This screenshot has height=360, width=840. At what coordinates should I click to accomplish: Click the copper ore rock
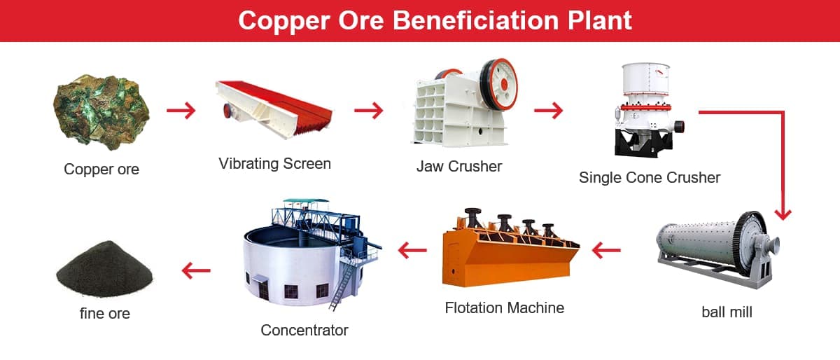(101, 112)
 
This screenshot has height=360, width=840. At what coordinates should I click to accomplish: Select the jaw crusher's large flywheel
(498, 85)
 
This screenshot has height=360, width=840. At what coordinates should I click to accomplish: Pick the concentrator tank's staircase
(342, 285)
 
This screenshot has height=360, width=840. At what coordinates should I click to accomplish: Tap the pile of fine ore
(104, 269)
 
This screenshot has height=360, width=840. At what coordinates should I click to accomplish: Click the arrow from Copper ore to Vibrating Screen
(181, 111)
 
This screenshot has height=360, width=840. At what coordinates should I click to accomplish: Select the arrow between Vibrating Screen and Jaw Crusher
(369, 111)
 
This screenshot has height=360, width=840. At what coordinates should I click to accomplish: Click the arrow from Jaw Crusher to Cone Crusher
(548, 111)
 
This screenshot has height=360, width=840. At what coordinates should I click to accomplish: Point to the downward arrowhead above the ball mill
(783, 214)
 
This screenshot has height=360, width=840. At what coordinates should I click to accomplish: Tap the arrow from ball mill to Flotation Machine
(606, 250)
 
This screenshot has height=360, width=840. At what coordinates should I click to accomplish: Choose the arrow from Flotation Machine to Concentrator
(412, 250)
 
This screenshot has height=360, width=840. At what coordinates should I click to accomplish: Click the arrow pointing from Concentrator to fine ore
(196, 270)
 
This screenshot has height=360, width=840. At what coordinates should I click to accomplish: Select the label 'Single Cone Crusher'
(650, 178)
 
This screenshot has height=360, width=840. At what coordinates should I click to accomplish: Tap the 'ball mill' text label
(727, 312)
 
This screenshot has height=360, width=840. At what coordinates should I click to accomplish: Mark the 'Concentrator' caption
(304, 331)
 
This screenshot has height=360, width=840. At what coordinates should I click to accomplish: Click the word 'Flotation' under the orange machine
(472, 307)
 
